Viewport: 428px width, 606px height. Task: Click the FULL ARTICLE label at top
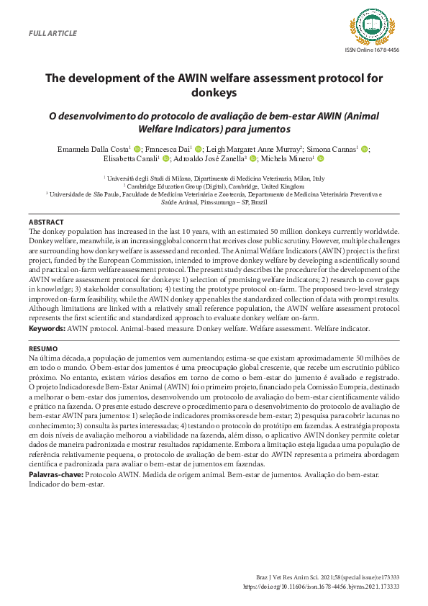(52, 34)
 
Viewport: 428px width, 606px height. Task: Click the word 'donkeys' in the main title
(214, 93)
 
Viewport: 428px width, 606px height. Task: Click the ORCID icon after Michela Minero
(321, 159)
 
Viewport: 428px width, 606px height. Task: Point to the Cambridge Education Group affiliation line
(214, 186)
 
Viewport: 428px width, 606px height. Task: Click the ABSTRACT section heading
(45, 222)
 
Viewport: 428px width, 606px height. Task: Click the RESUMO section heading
(43, 348)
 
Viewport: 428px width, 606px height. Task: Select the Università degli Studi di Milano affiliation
(215, 178)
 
